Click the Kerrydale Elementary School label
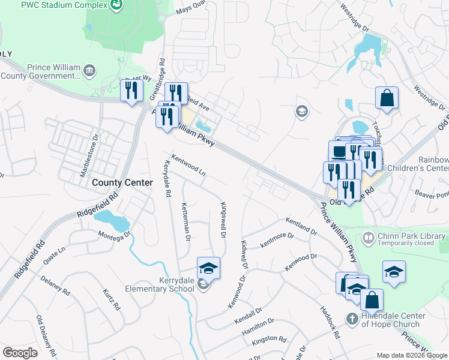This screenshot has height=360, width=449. click(x=160, y=284)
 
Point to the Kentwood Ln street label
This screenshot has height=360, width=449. click(x=188, y=166)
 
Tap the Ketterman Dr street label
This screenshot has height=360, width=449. click(x=185, y=222)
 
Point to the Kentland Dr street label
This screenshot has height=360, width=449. click(x=301, y=226)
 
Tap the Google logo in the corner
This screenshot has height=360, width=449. click(x=20, y=353)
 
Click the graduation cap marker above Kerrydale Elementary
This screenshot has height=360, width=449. click(x=208, y=268)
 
